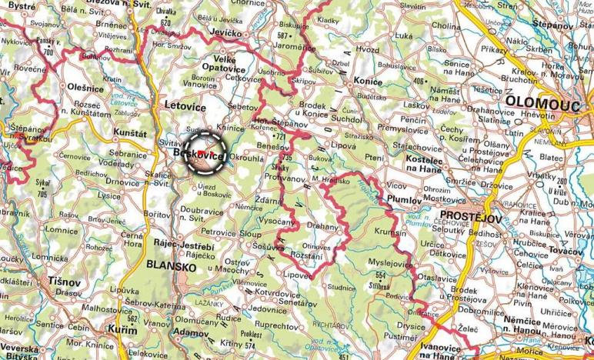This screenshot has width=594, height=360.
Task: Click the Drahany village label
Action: coord(322,227)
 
